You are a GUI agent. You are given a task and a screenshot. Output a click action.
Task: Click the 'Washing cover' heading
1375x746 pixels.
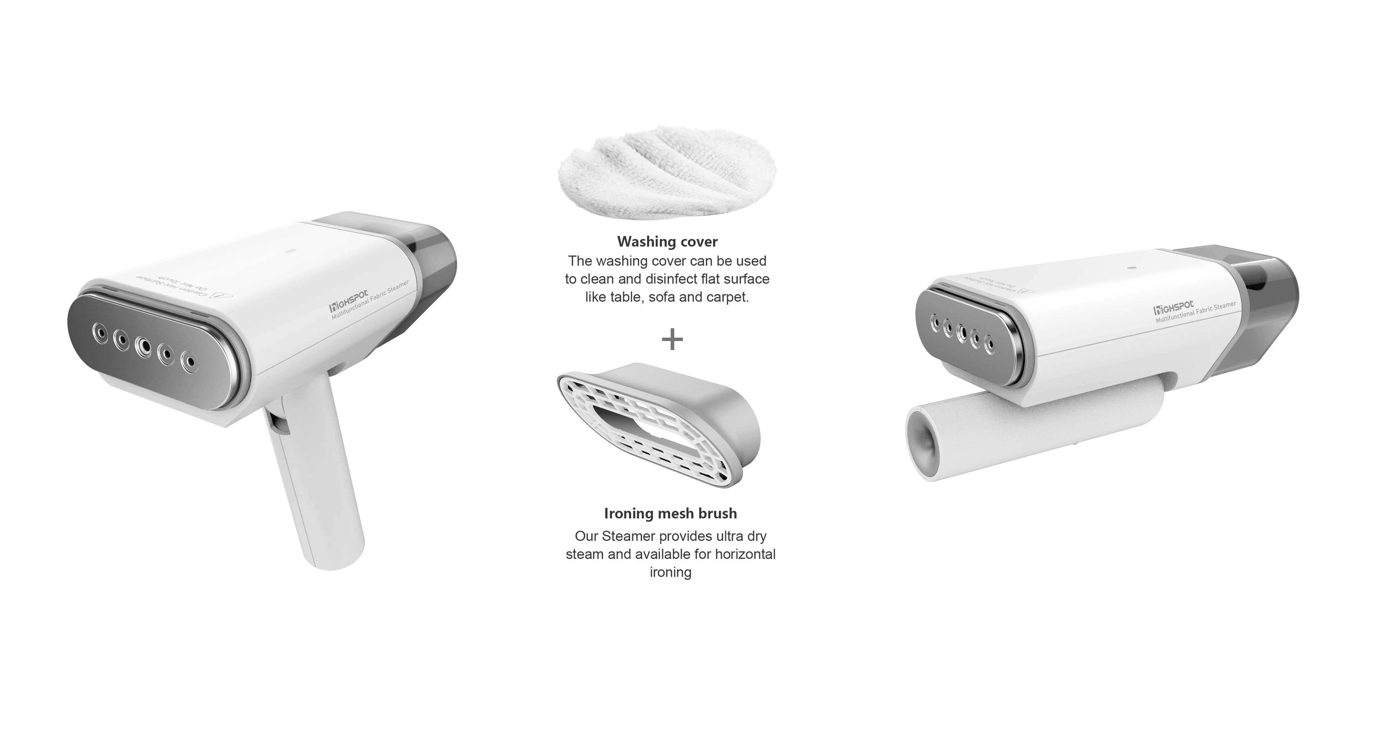(667, 242)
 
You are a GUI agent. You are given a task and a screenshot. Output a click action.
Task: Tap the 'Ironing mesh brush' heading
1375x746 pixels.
(670, 513)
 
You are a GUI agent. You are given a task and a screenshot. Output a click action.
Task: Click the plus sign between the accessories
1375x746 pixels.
(672, 339)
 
